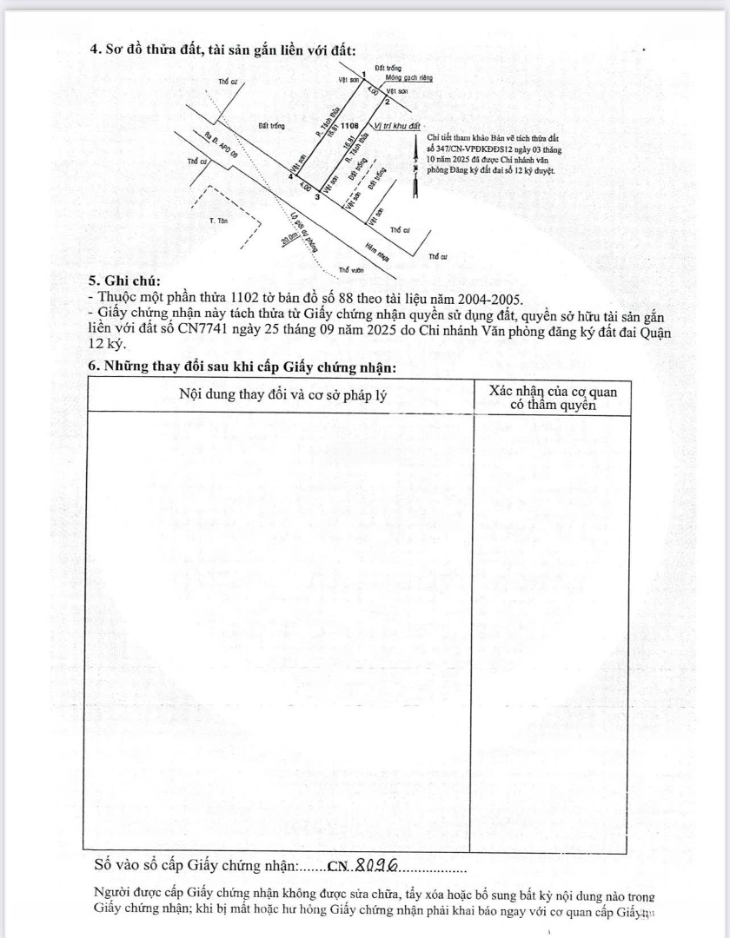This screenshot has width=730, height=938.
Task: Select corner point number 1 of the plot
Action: [363, 75]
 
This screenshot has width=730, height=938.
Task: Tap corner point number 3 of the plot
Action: [317, 196]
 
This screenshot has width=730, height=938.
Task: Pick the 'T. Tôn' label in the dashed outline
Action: [217, 221]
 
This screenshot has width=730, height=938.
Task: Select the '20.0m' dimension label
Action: [289, 239]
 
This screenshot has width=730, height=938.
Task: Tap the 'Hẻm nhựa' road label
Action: [375, 252]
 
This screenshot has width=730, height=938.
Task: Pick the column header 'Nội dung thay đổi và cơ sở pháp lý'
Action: [282, 393]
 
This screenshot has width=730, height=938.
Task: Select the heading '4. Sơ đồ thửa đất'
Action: [222, 50]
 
